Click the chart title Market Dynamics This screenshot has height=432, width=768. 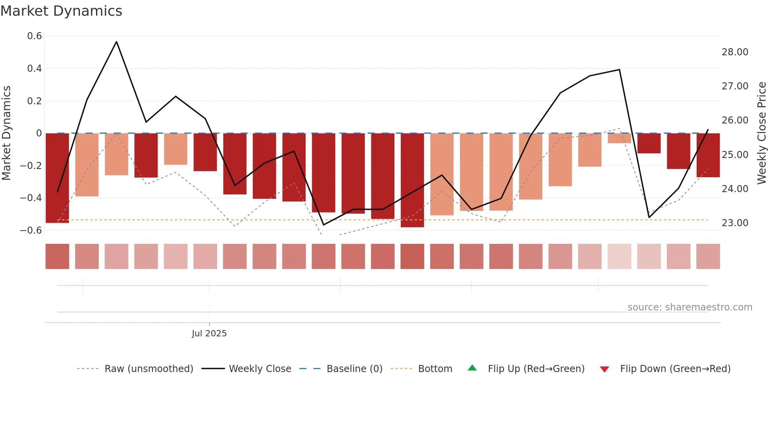[x=61, y=11]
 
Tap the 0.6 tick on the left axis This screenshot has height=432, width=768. [x=34, y=36]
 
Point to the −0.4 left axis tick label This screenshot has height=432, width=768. [x=31, y=198]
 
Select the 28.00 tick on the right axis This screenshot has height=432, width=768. [x=735, y=52]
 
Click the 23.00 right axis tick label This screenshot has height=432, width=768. [x=735, y=223]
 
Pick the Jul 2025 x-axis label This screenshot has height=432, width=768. [x=209, y=334]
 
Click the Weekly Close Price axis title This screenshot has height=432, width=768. [x=761, y=133]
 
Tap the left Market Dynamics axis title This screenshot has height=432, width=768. [x=6, y=133]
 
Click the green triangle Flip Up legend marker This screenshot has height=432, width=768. [x=472, y=368]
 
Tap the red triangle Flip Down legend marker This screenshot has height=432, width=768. [x=604, y=369]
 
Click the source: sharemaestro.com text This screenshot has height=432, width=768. [x=690, y=307]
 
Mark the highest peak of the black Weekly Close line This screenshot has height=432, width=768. [x=116, y=42]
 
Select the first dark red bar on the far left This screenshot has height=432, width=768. [x=57, y=178]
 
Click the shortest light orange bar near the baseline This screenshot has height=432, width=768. [x=619, y=138]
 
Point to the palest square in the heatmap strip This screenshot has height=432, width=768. [x=619, y=256]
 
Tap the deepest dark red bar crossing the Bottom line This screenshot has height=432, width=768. [x=412, y=180]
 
